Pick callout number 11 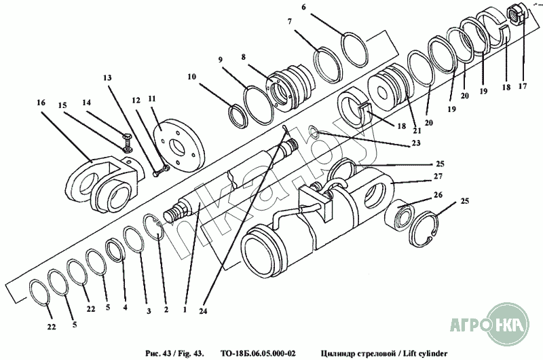(152, 98)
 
